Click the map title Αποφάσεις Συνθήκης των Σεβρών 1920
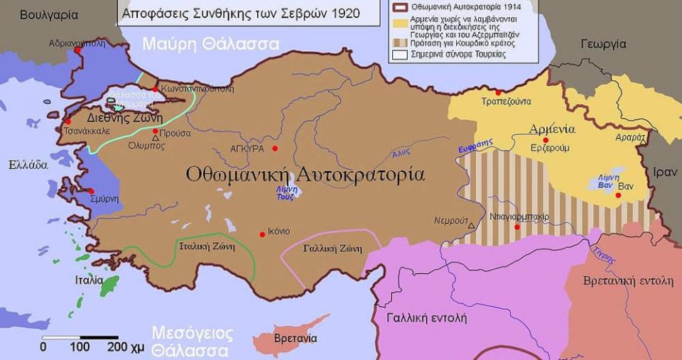pos(240,13)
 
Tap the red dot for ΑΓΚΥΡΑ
pos(274,148)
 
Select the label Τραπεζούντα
pos(506,102)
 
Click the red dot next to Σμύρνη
pos(91,191)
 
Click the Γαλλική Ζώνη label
pos(332,249)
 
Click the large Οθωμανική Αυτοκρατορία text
pos(305,174)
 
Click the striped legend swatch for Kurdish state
pos(398,43)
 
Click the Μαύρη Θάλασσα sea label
pos(210,44)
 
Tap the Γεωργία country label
pos(603,44)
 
